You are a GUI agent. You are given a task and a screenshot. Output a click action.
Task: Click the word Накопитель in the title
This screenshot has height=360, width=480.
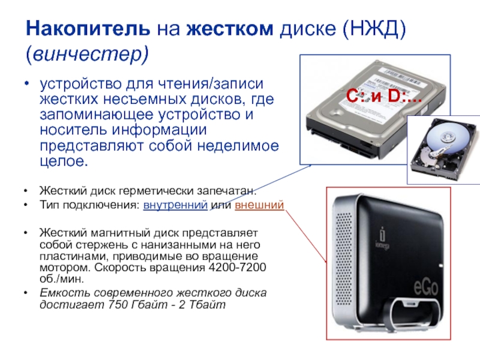pos(88,28)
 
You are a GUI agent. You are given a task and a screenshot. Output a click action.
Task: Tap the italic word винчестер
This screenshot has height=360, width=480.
pos(87,54)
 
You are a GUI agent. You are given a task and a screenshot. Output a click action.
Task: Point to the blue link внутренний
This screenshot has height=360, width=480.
pos(175,205)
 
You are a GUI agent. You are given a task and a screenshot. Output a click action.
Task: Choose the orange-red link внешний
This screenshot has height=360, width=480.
pos(259,205)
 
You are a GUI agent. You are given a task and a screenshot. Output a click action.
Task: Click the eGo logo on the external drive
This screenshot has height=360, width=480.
pos(426,287)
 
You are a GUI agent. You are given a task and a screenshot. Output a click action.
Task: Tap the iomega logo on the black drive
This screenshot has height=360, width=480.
pos(382,238)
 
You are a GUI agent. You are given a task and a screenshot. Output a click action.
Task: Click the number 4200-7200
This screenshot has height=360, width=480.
pos(237,268)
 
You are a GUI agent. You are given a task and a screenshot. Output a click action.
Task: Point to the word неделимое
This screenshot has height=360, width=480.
pos(238,146)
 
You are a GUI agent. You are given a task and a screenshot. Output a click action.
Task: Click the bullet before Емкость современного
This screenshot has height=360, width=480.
pos(26,293)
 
